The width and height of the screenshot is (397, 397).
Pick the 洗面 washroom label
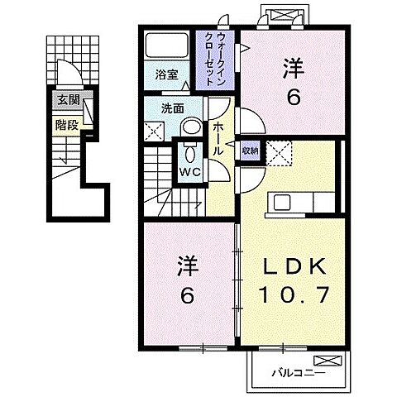point(172,108)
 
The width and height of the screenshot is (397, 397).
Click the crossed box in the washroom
point(155,130)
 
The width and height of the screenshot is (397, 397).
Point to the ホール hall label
point(217,139)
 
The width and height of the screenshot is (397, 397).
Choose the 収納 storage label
point(250,151)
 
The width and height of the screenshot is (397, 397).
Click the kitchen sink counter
point(289,203)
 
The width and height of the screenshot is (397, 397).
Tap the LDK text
point(289,268)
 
